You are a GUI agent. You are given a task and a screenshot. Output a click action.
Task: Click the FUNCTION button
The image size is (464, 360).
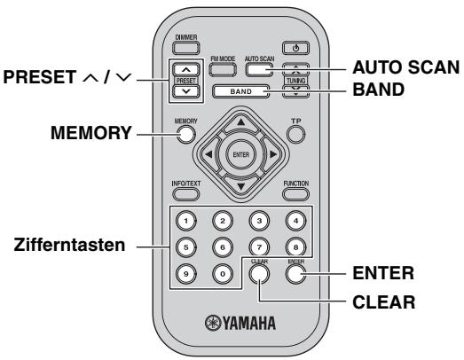(x=295, y=197)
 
